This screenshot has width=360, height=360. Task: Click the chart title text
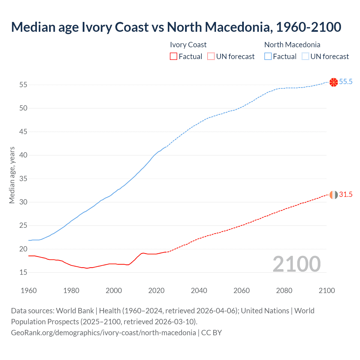tap(176, 27)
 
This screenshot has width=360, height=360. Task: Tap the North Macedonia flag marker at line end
tap(334, 82)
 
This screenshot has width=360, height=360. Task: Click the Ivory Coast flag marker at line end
tap(334, 195)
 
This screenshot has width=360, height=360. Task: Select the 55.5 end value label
tap(346, 82)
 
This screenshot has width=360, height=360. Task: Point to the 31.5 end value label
tap(346, 195)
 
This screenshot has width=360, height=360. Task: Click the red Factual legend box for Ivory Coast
tap(174, 57)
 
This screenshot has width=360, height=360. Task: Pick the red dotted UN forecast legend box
tap(211, 57)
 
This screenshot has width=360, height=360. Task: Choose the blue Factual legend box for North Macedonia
tap(268, 57)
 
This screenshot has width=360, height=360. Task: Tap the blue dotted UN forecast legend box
tap(305, 57)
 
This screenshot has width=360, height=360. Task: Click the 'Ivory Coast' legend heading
tap(188, 45)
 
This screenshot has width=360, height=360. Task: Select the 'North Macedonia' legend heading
tap(292, 45)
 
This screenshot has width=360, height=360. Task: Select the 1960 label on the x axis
tap(29, 291)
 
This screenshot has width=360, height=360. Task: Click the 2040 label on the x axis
tap(199, 291)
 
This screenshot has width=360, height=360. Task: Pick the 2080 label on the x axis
tap(284, 291)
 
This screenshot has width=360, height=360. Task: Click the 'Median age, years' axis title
tap(12, 175)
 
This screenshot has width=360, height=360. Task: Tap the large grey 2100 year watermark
tap(296, 264)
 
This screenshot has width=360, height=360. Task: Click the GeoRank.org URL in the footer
tap(103, 333)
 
